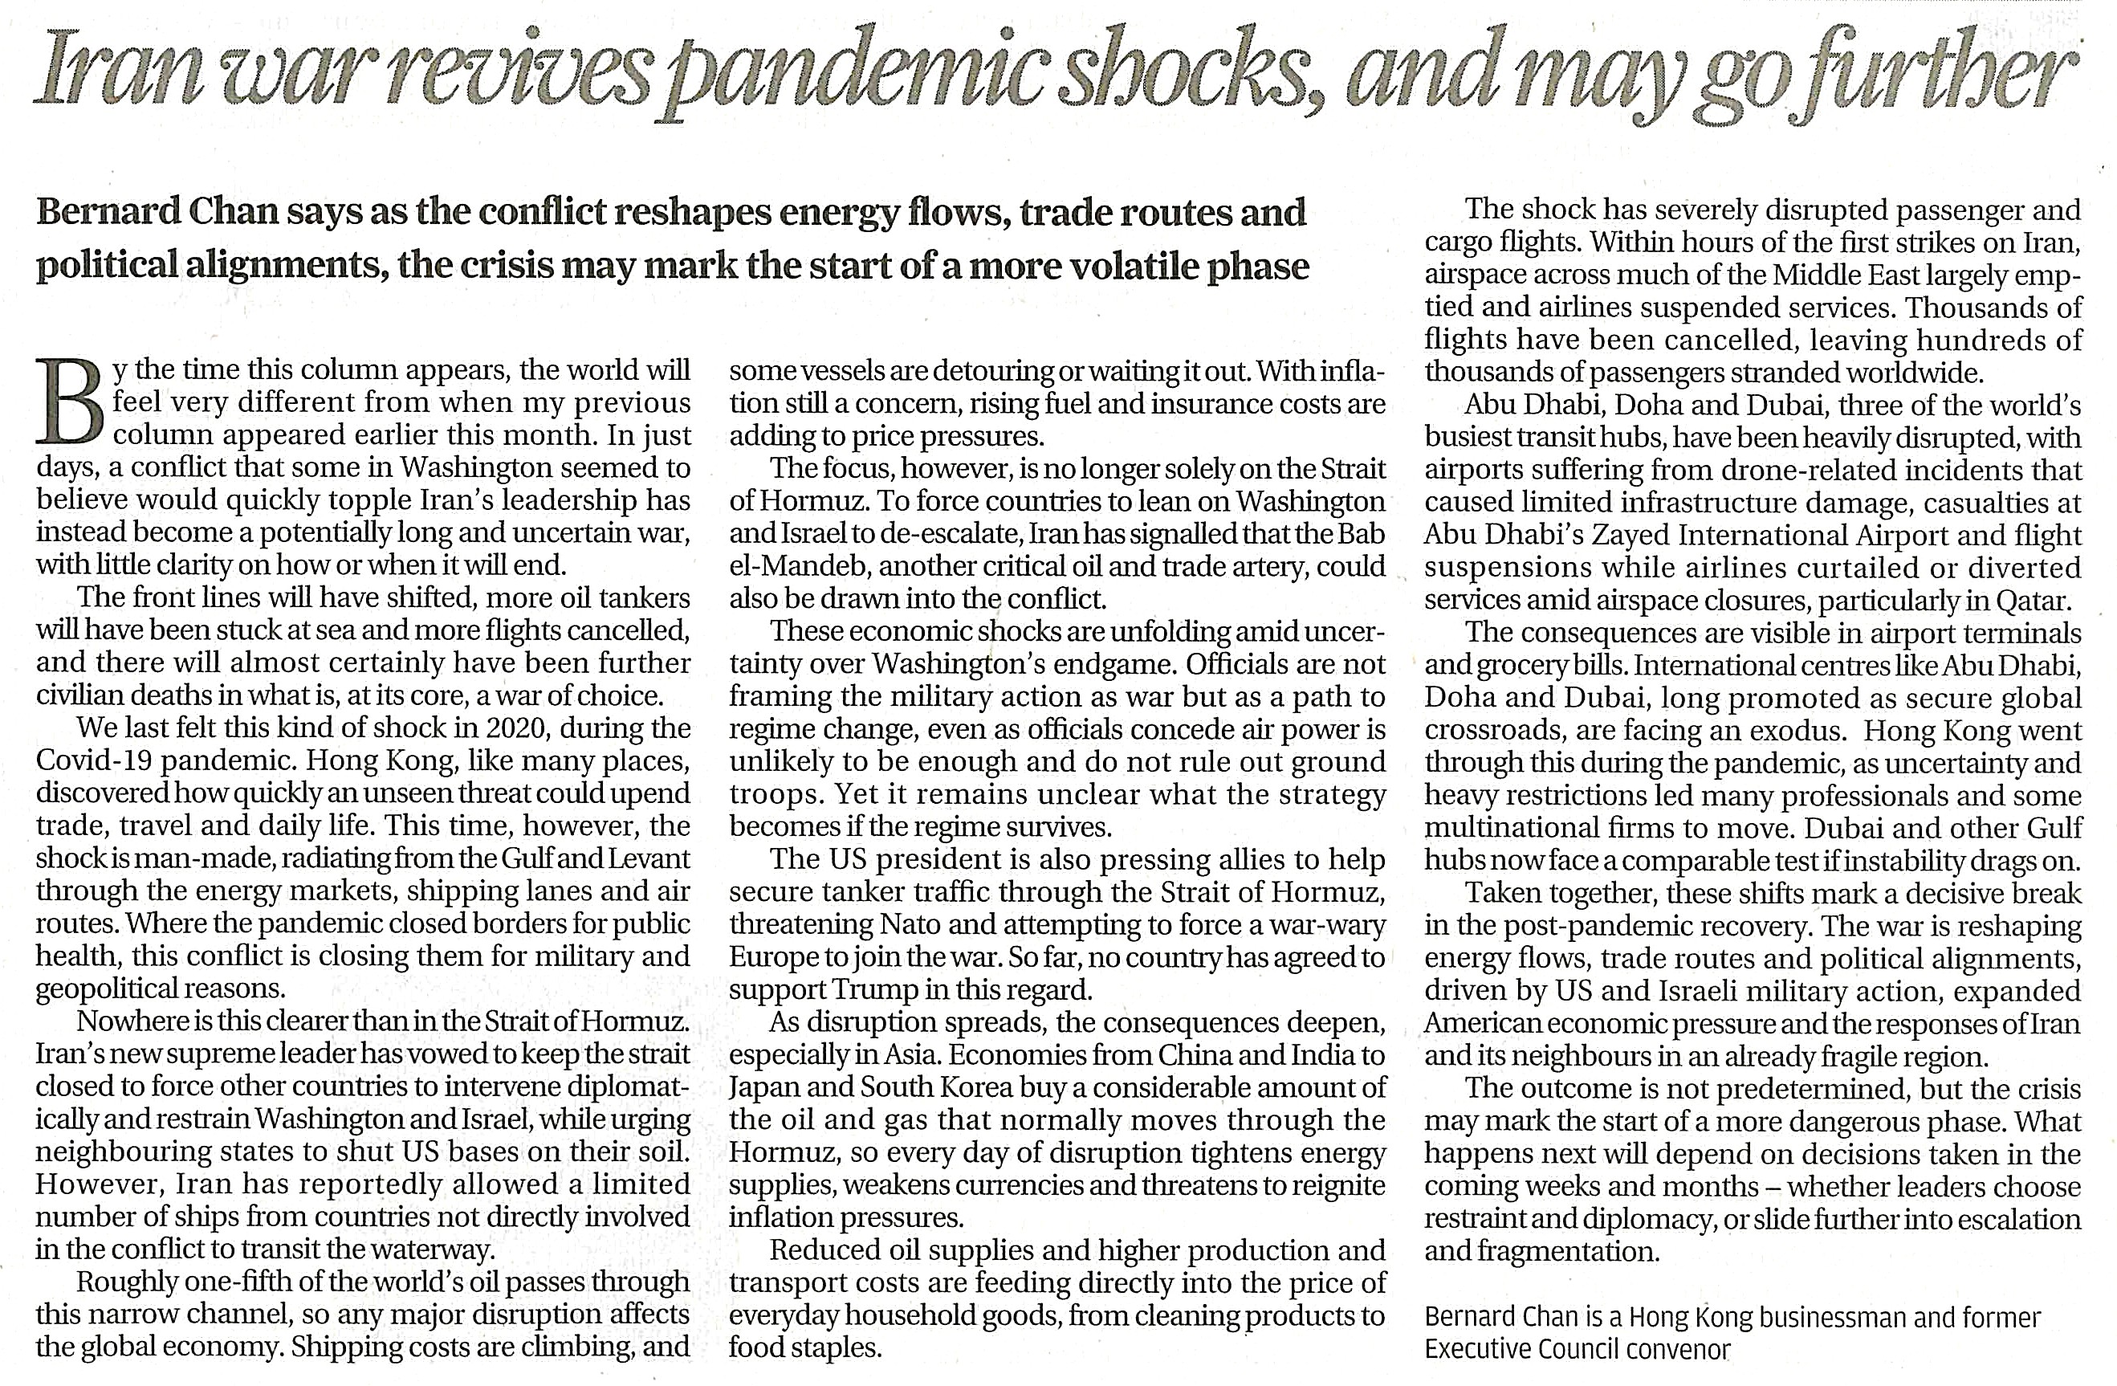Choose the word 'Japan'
(x=765, y=1088)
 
